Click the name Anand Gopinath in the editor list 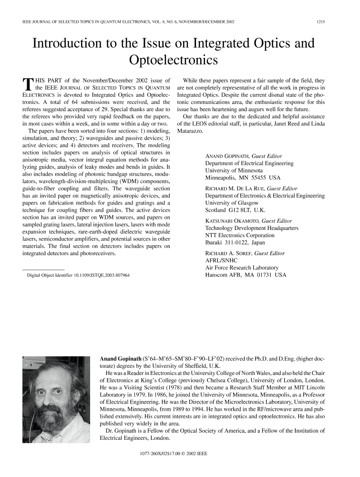click(x=228, y=156)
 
